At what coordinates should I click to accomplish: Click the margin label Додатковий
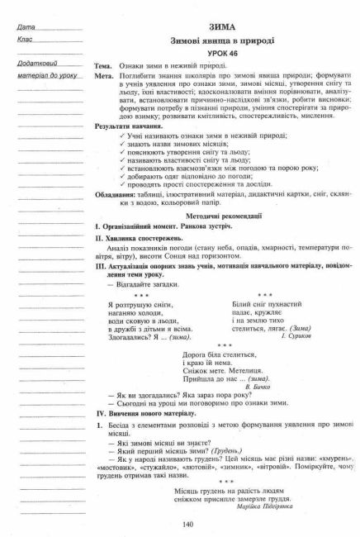[37, 64]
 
